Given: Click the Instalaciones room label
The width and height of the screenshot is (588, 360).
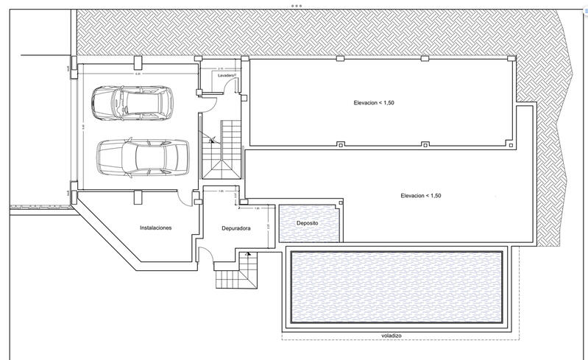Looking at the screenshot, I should click(x=156, y=228).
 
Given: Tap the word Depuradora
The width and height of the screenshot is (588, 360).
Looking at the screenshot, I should click(x=236, y=228).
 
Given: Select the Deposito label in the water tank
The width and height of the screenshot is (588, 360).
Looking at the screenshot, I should click(x=307, y=222).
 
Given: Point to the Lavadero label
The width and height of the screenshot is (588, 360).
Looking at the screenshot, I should click(x=226, y=75).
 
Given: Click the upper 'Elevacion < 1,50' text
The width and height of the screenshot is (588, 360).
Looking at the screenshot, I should click(x=374, y=103).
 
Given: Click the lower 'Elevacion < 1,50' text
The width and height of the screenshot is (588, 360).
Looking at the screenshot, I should click(x=421, y=196).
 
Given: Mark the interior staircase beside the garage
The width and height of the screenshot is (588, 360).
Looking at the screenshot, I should click(x=222, y=147).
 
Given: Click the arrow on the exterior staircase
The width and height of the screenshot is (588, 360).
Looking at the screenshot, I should click(x=249, y=255).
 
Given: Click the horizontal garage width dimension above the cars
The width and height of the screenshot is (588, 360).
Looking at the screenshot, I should click(x=138, y=73).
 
